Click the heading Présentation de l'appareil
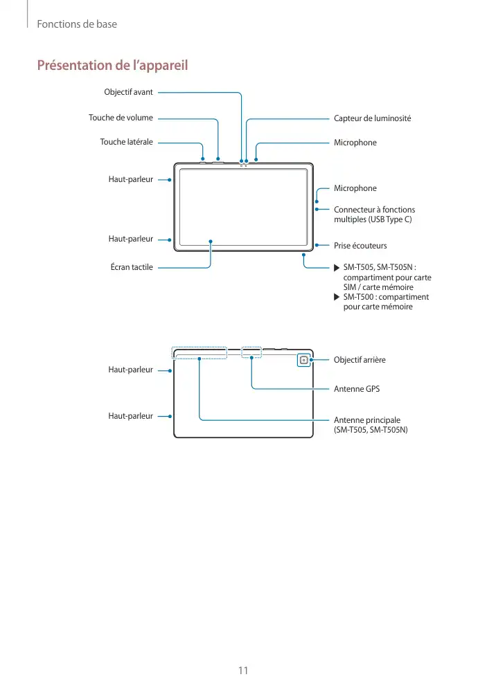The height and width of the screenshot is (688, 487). point(112,66)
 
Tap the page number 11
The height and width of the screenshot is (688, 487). point(243,670)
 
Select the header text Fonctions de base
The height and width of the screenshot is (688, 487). point(77,24)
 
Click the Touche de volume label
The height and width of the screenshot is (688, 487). point(121,118)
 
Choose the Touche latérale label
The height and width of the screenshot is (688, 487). point(126,142)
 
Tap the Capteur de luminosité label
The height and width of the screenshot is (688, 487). point(372,118)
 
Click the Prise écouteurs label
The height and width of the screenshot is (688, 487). point(360,246)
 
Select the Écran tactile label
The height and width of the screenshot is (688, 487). point(132,266)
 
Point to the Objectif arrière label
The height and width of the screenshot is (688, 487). point(360,360)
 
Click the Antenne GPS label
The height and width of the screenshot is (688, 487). point(357,389)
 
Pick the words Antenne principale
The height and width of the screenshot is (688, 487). point(367,420)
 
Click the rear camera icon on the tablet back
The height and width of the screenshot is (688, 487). point(303,360)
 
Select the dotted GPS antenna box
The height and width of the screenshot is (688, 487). point(251,352)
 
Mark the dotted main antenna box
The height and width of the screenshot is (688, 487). point(200,353)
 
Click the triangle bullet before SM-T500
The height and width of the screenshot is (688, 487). point(337,297)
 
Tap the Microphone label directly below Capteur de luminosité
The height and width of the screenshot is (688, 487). point(355,143)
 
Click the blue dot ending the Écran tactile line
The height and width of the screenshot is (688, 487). point(211,242)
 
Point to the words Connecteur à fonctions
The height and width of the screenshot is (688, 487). point(375,210)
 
